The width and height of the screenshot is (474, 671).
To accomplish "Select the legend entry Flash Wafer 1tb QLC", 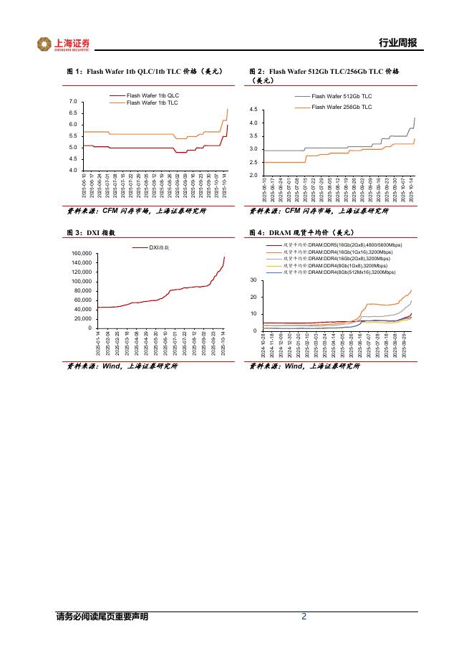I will pos(153,95).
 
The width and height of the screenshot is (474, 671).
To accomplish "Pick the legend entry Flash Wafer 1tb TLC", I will pos(152,103).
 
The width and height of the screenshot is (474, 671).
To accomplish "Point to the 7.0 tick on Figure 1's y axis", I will pos(73,102).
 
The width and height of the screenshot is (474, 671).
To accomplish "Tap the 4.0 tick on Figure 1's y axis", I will pos(73,170).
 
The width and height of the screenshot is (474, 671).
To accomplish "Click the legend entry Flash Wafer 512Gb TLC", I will pos(342,96).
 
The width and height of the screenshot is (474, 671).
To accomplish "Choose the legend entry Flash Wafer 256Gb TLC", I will pos(342,107).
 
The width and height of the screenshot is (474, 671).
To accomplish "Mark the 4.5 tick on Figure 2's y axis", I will pos(253,110).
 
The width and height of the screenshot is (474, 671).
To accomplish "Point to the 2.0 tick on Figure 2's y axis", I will pos(253,175).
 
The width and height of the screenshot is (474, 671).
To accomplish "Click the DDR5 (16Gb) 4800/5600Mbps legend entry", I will pos(337,245).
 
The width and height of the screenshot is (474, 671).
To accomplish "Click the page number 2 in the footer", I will pos(304,616).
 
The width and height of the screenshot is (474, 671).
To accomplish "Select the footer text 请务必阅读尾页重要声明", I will pos(102,617).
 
